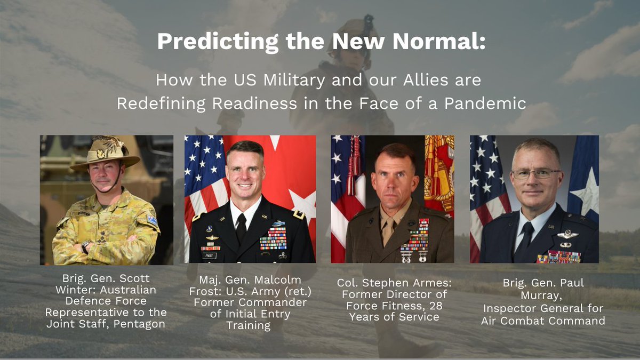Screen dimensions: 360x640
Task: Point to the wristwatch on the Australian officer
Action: (x=85, y=247)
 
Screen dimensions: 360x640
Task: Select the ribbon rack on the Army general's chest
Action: (x=273, y=238)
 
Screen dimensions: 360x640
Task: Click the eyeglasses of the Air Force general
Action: (x=535, y=173)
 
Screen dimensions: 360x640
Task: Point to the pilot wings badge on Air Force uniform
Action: (x=566, y=234)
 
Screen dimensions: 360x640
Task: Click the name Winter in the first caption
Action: (x=73, y=291)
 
